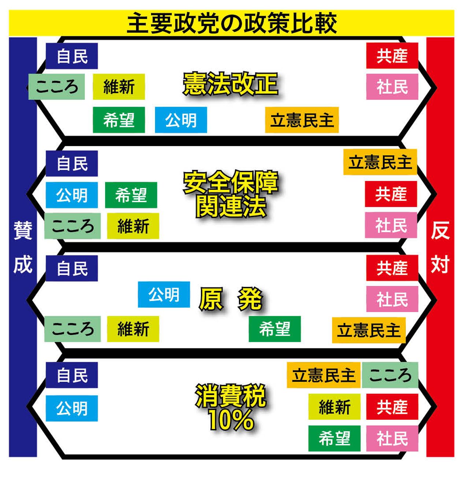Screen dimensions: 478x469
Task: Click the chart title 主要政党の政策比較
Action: tap(231, 23)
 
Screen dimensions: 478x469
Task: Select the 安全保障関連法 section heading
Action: tap(230, 194)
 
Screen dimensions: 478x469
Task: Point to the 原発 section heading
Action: tap(231, 299)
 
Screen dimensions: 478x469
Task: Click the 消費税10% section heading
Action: tap(230, 407)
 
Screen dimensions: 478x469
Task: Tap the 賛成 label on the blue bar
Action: tap(23, 247)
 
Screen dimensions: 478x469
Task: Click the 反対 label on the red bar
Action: tap(440, 247)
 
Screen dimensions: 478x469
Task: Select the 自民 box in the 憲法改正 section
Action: tap(72, 56)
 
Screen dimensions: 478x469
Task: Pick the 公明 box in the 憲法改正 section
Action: tap(181, 120)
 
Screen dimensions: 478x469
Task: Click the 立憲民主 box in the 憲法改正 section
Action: tap(302, 120)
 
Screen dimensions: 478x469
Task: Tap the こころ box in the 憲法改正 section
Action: tap(57, 87)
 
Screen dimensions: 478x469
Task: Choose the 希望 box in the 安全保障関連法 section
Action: tap(131, 195)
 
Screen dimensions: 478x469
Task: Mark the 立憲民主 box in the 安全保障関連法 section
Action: tap(380, 162)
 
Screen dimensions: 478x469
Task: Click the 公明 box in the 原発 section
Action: tap(164, 294)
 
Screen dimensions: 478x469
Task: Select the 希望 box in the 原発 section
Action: tap(275, 329)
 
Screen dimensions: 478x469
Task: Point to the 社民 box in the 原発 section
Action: tap(392, 299)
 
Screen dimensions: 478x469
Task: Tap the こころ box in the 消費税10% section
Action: tap(390, 375)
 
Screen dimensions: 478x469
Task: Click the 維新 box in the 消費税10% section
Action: tap(334, 407)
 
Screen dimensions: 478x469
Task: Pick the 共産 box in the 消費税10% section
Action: tap(392, 407)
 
